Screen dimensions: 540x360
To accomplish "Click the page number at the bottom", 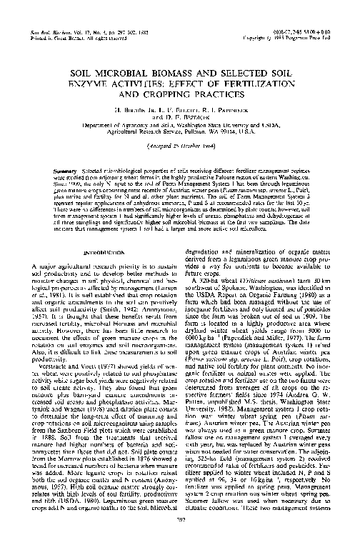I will coord(180,529).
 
